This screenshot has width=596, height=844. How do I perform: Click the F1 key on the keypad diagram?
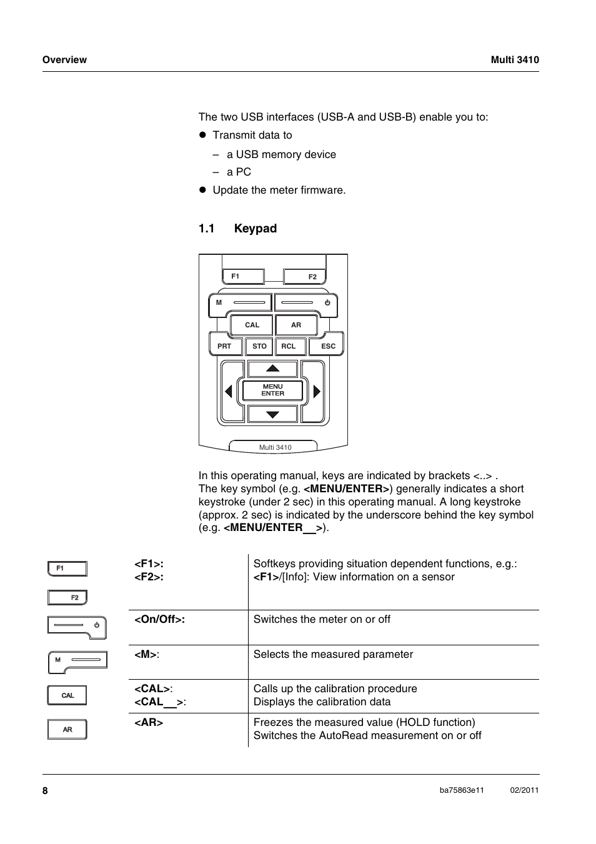point(243,276)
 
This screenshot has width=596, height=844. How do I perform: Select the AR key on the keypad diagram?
point(296,325)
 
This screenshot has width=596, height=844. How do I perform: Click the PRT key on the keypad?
point(225,346)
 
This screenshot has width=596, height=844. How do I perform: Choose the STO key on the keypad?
point(259,346)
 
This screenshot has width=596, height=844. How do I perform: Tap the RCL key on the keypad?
point(289,346)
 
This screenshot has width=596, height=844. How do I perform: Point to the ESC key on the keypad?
point(327,346)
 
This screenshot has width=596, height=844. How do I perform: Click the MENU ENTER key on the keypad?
point(272,390)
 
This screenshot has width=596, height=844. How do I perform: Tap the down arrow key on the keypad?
point(272,414)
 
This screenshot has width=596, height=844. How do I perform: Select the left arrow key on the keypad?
point(229,392)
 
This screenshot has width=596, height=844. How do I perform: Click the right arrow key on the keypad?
point(317,392)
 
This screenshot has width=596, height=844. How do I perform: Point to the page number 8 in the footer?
point(45,791)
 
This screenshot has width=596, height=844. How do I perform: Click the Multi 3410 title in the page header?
point(514,60)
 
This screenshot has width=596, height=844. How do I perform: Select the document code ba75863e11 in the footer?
point(462,790)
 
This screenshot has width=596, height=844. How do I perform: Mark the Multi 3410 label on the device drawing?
point(275,447)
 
